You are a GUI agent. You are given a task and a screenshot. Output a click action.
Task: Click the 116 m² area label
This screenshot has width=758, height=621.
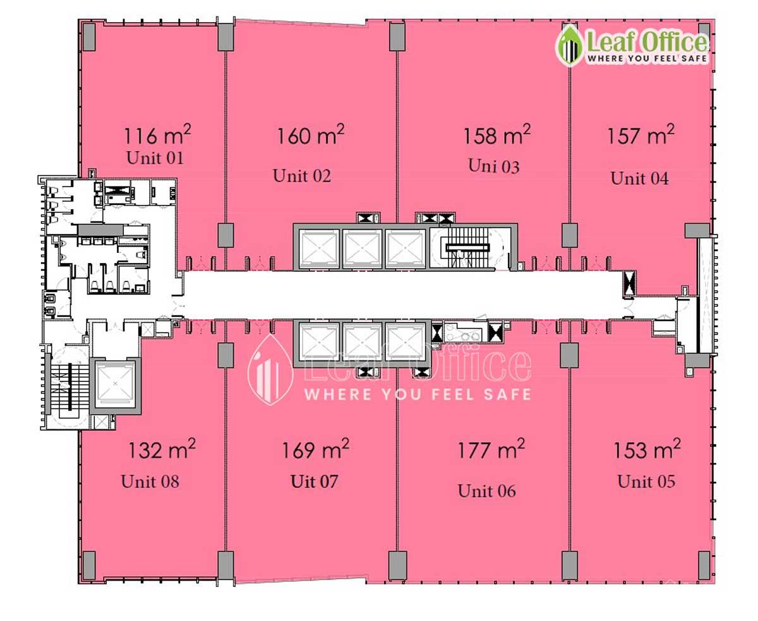(x=157, y=135)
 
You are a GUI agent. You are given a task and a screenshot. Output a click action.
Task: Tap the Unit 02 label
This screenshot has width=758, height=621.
(x=302, y=176)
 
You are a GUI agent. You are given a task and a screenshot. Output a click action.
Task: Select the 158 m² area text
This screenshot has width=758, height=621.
(x=497, y=135)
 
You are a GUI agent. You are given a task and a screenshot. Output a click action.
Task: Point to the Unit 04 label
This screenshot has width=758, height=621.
(x=639, y=178)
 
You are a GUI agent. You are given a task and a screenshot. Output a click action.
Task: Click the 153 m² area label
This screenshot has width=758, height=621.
(x=647, y=448)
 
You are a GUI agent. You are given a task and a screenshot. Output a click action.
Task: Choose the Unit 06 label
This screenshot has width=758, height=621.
(x=486, y=491)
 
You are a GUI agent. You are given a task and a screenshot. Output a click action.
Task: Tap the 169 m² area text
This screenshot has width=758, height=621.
(x=315, y=448)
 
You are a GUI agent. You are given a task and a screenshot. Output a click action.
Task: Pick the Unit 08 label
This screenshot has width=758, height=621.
(x=150, y=481)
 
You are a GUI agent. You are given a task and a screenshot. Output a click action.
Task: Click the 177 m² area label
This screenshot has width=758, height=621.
(x=491, y=448)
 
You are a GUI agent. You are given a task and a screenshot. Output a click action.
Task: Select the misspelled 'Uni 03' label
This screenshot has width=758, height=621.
(x=494, y=166)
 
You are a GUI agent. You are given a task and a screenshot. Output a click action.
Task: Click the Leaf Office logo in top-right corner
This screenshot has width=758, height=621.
(x=632, y=46)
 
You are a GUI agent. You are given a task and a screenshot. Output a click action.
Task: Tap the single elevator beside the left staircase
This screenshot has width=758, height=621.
(x=116, y=386)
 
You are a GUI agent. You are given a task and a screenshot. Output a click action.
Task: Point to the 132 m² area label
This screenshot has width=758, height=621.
(x=162, y=448)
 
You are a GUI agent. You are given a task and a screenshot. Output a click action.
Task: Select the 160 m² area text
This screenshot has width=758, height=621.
(x=311, y=135)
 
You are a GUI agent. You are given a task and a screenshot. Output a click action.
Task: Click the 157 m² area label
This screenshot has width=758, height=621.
(x=641, y=135)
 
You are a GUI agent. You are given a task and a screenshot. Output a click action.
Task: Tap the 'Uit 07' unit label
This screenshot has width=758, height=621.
(x=314, y=481)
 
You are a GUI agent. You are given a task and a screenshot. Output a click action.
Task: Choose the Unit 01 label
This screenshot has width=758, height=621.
(x=155, y=158)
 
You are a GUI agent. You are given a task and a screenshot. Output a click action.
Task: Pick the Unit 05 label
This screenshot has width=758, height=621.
(x=646, y=481)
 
